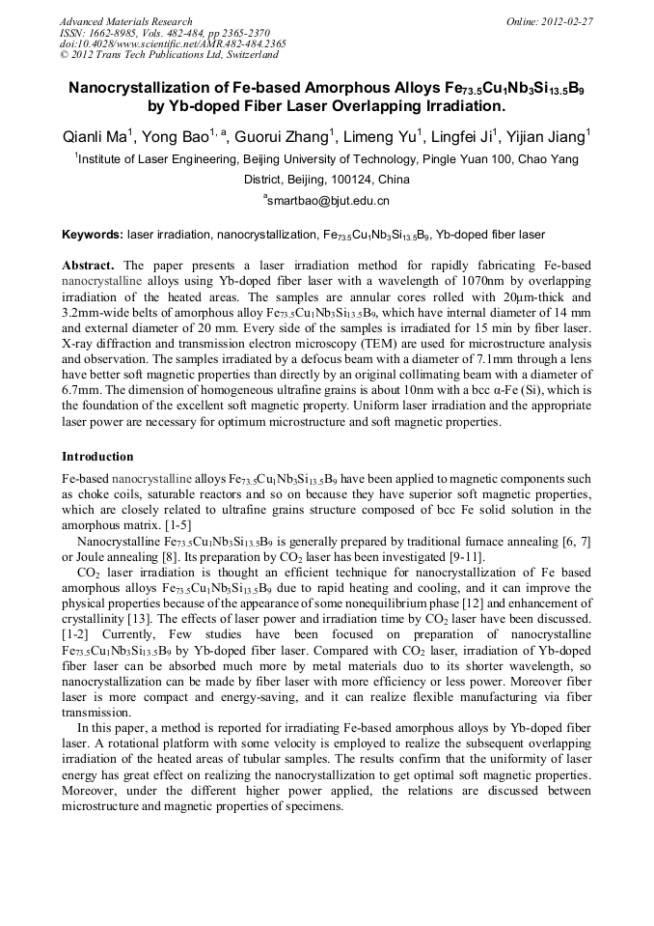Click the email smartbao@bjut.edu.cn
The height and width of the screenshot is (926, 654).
click(x=328, y=201)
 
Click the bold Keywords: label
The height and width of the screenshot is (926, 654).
click(x=93, y=235)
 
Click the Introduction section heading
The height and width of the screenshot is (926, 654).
click(x=97, y=457)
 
